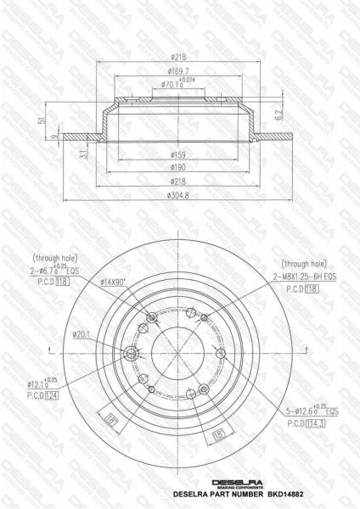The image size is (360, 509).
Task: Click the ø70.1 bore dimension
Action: (x=173, y=85)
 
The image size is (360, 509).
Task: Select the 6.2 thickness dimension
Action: (x=278, y=109)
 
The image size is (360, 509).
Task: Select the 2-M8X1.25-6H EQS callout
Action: (x=304, y=277)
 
